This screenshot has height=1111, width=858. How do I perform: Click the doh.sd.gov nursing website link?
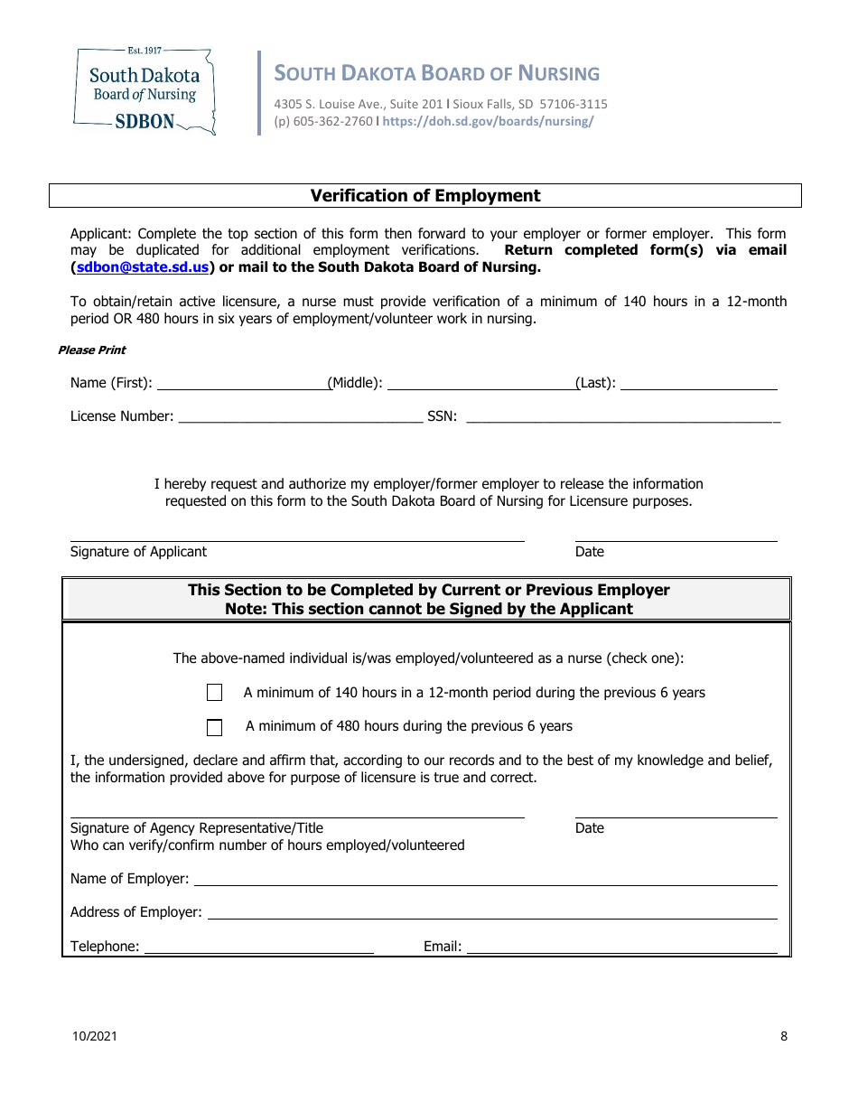(x=488, y=121)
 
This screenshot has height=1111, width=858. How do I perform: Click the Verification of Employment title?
(x=425, y=196)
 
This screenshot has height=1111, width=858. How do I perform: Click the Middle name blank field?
(x=480, y=383)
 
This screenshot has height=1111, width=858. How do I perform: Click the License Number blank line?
(x=300, y=416)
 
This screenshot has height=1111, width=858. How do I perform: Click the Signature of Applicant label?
(x=138, y=552)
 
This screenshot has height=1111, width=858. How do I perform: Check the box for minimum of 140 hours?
(x=214, y=693)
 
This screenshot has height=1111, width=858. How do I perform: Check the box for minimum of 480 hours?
(x=214, y=727)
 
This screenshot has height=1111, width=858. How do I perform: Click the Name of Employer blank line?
(x=485, y=879)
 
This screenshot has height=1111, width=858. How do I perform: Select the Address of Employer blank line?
(x=492, y=912)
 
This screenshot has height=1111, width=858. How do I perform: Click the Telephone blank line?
(x=259, y=947)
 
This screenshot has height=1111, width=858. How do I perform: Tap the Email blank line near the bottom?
(x=621, y=947)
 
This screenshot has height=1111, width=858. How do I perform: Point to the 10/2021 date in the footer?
(x=94, y=1036)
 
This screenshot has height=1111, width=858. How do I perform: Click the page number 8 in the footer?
(x=784, y=1036)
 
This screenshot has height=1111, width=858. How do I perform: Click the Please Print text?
(x=92, y=350)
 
